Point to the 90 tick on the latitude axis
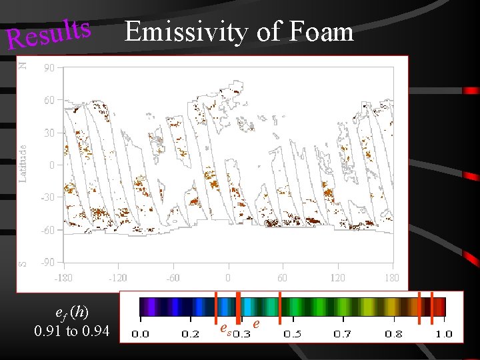49,67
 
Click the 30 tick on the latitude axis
49,133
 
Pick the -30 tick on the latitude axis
48,197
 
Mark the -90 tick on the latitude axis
48,262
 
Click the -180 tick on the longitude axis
63,277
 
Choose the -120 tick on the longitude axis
117,277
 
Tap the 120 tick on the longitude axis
337,277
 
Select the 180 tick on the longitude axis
391,277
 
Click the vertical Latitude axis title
23,164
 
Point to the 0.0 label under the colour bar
140,333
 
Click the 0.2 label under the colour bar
191,333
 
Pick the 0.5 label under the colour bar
292,333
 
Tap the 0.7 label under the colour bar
343,333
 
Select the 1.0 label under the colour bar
443,333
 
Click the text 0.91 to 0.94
71,331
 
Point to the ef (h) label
71,312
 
